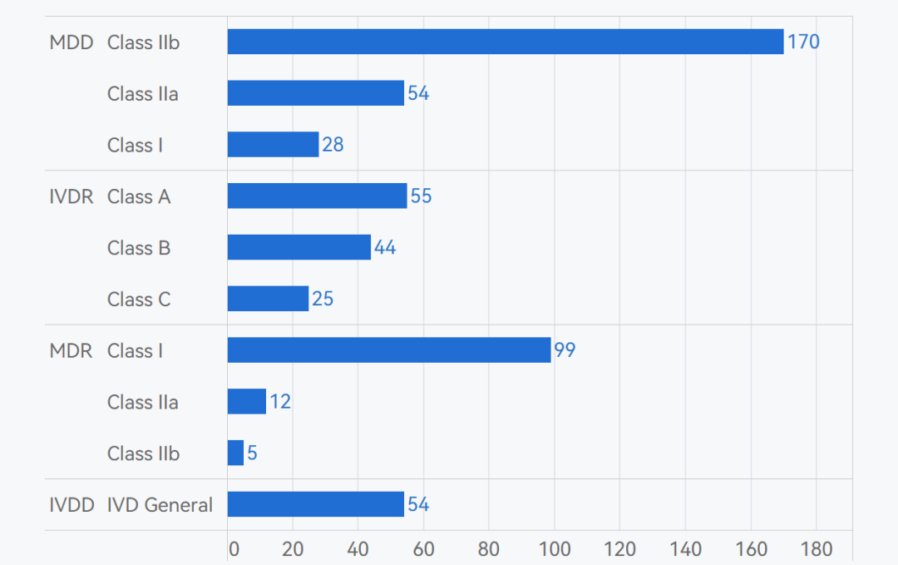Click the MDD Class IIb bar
tap(506, 42)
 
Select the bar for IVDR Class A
tap(317, 196)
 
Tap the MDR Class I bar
tap(389, 350)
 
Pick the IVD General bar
tap(316, 504)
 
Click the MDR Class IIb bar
tap(236, 453)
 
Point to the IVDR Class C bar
tap(268, 299)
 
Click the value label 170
tap(803, 42)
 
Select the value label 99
tap(565, 350)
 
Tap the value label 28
tap(333, 145)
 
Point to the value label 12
tap(280, 402)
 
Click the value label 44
tap(385, 247)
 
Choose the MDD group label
tap(72, 42)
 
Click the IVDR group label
tap(72, 196)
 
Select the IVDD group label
tap(72, 505)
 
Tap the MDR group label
tap(71, 351)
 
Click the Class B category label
tap(139, 248)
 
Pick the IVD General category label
tap(160, 505)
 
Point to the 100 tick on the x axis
tap(555, 549)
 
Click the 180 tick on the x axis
tap(816, 549)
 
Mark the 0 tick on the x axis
tap(234, 549)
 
